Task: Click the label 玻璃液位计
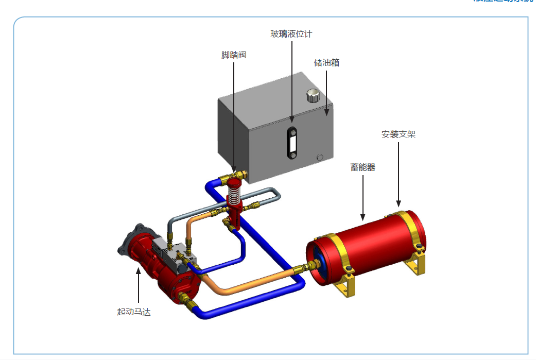[x=291, y=35]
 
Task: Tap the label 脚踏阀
[x=234, y=55]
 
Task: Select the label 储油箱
[x=326, y=63]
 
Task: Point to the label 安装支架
[x=398, y=134]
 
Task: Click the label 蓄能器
[x=362, y=167]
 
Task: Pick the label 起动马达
[x=134, y=312]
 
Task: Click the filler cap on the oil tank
[x=313, y=96]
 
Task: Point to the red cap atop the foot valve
[x=234, y=183]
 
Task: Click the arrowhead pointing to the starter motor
[x=138, y=270]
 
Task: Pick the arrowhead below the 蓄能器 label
[x=362, y=216]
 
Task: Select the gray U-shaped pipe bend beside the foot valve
[x=276, y=195]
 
